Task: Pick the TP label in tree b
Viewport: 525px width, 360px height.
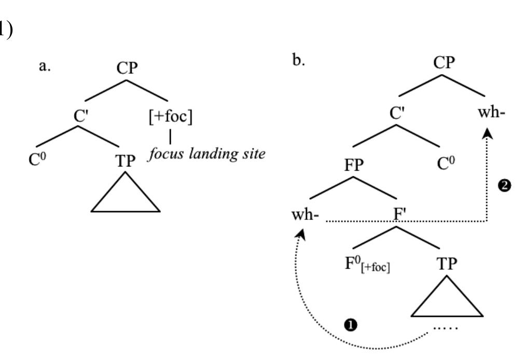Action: pos(447,264)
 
